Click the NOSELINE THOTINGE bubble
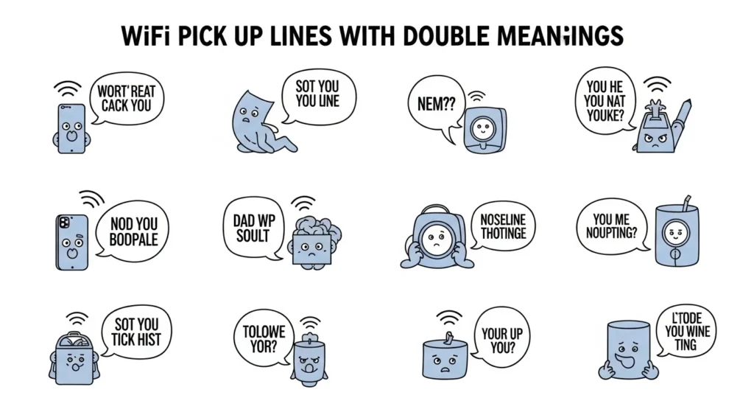pos(503,226)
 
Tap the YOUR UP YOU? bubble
pos(501,340)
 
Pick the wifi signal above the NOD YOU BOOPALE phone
pos(90,200)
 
